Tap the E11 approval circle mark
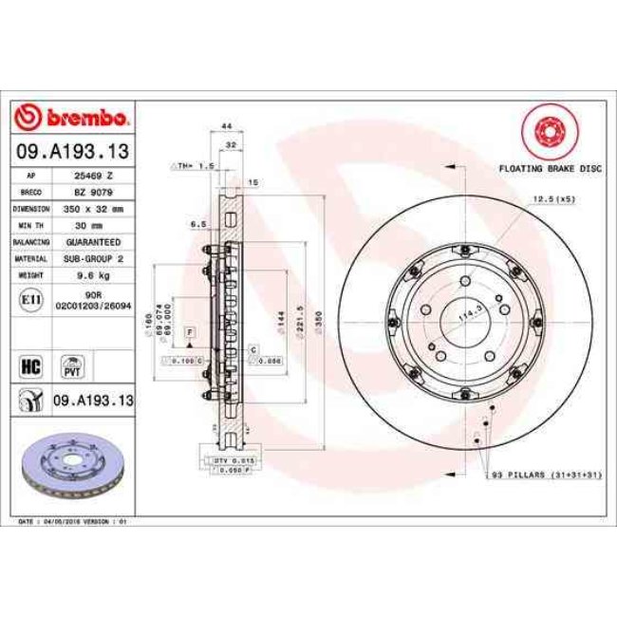(30, 300)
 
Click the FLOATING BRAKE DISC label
(551, 167)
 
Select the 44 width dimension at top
(226, 126)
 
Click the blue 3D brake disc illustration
(72, 466)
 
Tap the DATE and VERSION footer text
(72, 521)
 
